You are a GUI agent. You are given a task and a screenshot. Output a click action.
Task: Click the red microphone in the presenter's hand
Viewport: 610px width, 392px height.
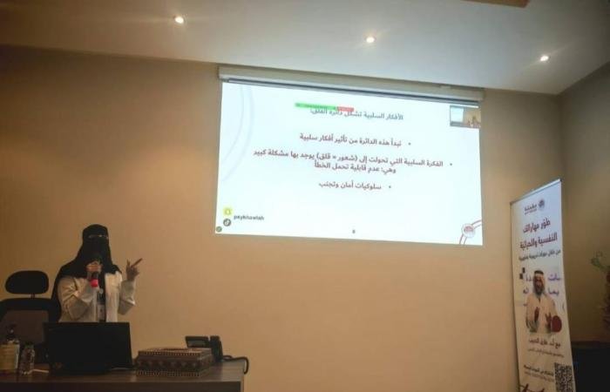[94, 279]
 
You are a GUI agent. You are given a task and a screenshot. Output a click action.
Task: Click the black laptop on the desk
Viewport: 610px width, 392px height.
[88, 347]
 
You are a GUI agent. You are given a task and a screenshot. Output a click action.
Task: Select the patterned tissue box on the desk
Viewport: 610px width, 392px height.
[175, 360]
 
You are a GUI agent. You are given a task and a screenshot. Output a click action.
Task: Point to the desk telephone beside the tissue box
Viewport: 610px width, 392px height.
[204, 348]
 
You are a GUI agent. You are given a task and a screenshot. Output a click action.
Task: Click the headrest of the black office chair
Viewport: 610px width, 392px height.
[28, 283]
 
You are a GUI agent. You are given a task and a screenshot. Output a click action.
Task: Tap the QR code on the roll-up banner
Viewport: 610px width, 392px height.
[563, 377]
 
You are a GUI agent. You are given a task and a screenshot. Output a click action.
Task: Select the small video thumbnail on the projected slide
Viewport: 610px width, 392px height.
[464, 117]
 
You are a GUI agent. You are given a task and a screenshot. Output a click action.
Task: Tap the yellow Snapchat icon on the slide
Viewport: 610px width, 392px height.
[227, 212]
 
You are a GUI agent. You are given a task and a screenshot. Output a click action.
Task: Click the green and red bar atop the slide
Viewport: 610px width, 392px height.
[324, 107]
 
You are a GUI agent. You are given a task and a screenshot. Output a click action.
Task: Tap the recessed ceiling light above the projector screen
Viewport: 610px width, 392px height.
[369, 39]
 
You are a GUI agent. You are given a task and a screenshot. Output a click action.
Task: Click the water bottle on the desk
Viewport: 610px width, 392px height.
[28, 356]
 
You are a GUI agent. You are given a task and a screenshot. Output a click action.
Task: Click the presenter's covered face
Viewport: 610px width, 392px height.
[96, 245]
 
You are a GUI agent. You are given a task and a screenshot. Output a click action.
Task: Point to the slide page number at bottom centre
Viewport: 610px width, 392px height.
[354, 231]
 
